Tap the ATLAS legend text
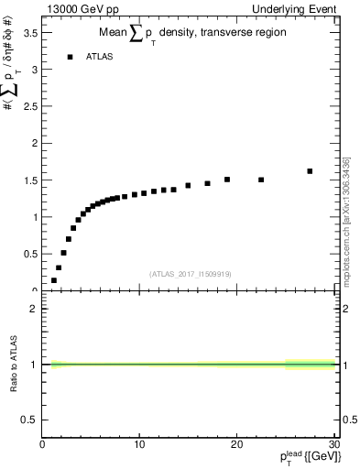coord(100,57)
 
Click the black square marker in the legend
coord(70,57)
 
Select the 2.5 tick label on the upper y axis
coord(29,106)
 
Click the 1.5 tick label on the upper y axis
coord(29,180)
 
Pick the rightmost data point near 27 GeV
coord(310,171)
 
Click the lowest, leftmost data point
coord(54,280)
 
